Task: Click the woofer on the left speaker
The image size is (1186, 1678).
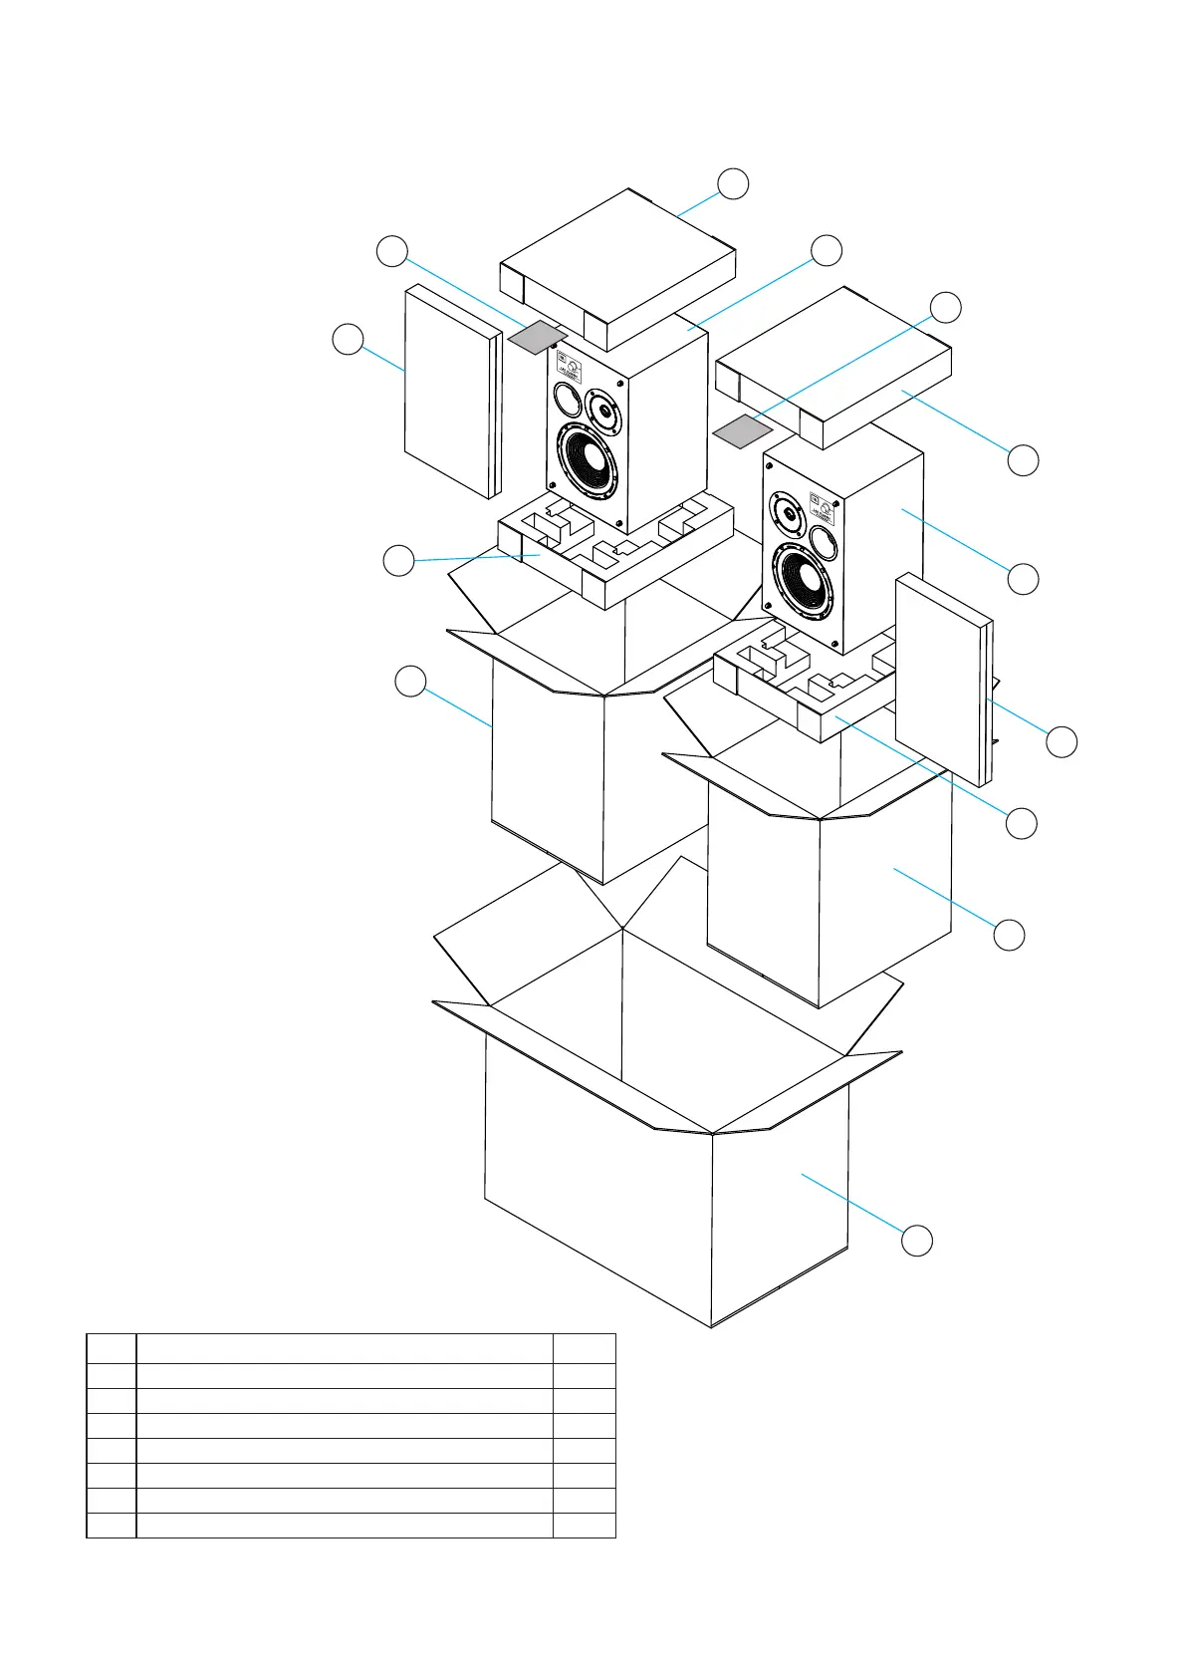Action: pos(586,461)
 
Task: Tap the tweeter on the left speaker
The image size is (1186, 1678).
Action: pos(602,409)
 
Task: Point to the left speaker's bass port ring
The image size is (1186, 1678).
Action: pos(566,402)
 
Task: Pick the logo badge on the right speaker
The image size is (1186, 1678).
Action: pos(823,506)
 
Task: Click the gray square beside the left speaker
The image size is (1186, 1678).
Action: pos(537,337)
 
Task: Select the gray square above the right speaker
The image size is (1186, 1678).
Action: pos(743,431)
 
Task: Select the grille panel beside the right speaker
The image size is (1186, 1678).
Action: pos(942,678)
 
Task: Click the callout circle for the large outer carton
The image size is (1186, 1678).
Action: pos(917,1241)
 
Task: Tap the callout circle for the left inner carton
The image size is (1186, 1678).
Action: pos(410,683)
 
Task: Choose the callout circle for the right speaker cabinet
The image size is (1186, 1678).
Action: pos(1023,579)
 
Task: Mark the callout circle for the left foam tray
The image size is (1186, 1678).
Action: pos(398,561)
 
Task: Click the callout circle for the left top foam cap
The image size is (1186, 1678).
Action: pos(733,183)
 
